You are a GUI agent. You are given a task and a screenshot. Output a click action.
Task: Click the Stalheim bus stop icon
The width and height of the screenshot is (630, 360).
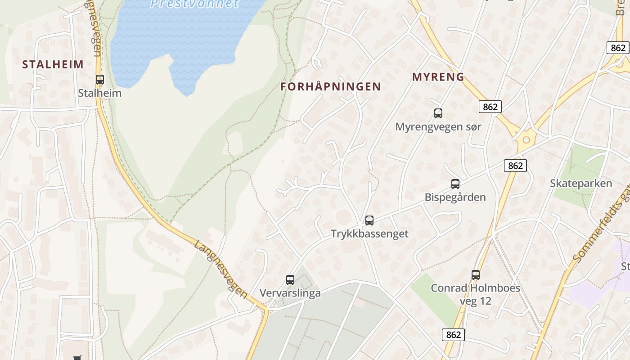tap(100, 80)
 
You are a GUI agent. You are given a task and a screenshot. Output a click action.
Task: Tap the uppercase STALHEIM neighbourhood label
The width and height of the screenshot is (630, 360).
tap(53, 64)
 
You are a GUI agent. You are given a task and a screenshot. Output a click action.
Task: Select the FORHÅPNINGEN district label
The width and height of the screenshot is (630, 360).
tap(331, 86)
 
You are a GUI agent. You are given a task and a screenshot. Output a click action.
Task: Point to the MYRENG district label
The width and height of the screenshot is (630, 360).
tap(438, 77)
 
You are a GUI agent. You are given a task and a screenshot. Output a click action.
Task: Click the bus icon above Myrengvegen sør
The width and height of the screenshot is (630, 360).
tap(438, 113)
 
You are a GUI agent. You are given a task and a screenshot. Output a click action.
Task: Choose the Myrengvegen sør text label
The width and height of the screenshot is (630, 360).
tap(438, 127)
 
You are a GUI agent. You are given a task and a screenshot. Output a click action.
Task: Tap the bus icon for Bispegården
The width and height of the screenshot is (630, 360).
tap(455, 184)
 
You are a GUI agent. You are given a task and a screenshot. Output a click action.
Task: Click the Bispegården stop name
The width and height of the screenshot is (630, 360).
tap(455, 197)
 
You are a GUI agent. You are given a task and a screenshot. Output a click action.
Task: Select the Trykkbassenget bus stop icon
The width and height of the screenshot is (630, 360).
tap(369, 220)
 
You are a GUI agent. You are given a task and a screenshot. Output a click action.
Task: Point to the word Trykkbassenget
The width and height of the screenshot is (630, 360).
tap(369, 234)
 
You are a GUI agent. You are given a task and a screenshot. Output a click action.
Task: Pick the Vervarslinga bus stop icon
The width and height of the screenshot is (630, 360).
tap(290, 279)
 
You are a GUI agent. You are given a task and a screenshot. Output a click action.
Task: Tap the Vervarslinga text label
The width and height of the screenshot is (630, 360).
tap(290, 293)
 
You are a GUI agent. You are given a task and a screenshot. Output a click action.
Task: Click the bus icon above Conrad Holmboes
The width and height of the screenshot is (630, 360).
tap(476, 274)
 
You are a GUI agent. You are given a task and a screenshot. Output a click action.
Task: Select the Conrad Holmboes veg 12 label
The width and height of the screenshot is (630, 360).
tap(476, 294)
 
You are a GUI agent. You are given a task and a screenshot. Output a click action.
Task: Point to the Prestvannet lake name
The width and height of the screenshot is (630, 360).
tap(194, 4)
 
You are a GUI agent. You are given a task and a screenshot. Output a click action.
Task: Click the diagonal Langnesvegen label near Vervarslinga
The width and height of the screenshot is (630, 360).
tap(221, 269)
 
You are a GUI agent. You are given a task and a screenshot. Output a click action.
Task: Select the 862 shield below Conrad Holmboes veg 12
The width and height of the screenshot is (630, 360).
tap(453, 335)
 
